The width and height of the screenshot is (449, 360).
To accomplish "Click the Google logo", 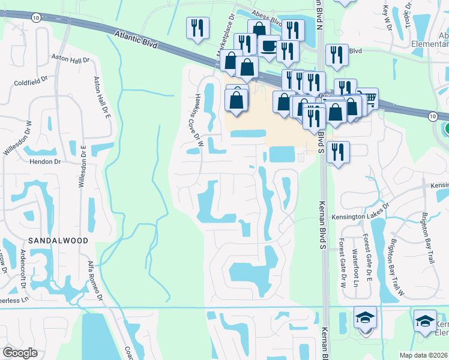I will click(x=20, y=353).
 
